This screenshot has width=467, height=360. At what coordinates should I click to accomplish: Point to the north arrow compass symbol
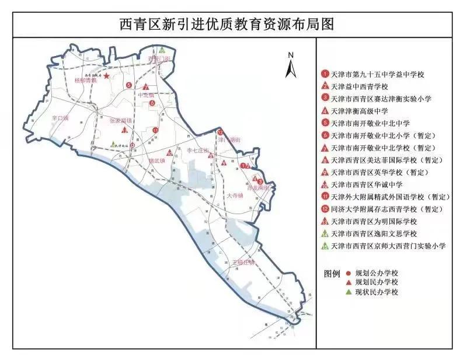291,65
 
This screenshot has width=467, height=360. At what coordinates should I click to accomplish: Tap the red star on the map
106,76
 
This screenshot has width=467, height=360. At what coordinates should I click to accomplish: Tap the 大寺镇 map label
236,197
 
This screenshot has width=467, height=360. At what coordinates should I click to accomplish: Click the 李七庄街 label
197,150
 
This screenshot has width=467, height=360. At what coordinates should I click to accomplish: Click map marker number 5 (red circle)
128,86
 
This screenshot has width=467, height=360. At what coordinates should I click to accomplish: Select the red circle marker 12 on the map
220,133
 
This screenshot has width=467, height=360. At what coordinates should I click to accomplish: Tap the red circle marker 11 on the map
155,130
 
